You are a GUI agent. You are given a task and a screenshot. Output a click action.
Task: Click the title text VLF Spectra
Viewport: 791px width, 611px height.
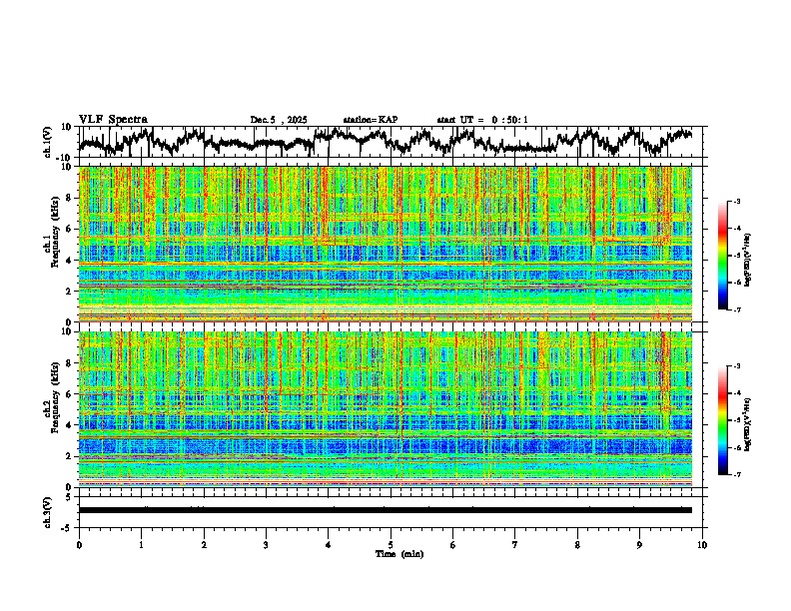coord(113,120)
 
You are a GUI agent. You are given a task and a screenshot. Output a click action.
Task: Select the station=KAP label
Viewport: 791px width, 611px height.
coord(370,120)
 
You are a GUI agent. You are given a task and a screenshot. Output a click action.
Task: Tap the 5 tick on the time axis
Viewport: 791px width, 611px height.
coord(391,544)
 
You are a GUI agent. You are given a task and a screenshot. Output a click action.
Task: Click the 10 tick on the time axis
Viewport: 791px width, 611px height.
coord(702,544)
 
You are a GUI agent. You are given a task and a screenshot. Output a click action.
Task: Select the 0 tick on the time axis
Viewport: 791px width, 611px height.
coord(79,544)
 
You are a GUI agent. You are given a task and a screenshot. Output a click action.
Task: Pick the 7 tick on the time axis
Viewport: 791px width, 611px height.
coord(515,544)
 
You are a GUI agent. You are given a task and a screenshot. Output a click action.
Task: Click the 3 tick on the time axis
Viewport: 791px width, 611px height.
coord(266,544)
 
